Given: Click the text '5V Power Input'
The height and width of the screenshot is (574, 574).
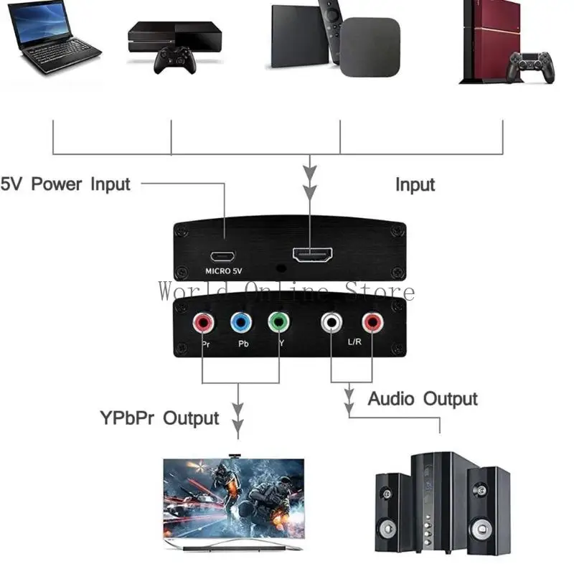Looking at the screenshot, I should point(65,184).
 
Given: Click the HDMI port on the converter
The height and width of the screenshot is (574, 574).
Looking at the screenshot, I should point(311,255).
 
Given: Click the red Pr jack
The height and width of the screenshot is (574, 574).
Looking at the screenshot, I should point(204,323).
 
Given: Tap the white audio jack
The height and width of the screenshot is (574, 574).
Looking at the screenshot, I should point(331,323).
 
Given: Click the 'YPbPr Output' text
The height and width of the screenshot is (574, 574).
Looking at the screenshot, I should point(160,418).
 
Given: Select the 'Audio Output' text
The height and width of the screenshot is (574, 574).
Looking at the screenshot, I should point(423,399).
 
